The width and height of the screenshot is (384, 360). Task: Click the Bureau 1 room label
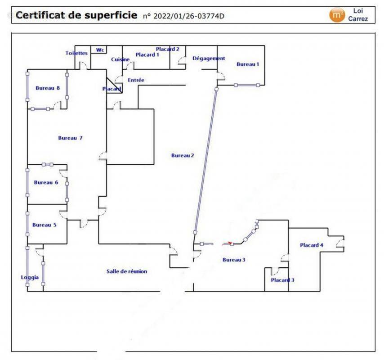248,64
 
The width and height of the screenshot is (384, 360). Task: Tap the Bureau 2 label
183,156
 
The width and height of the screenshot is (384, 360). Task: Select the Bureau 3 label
234,260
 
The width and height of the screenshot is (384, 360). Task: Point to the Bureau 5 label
44,225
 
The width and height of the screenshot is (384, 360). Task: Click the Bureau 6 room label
46,183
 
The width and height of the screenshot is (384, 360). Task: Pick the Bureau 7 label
70,138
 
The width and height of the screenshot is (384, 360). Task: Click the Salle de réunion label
127,271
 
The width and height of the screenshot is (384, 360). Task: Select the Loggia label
30,277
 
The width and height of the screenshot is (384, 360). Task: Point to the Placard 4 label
312,245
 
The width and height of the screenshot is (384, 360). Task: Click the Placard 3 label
282,280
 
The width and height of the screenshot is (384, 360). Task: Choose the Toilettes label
76,53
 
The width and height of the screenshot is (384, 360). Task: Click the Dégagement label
209,58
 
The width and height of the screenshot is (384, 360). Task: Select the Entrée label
136,80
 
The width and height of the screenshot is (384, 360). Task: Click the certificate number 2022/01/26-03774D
188,16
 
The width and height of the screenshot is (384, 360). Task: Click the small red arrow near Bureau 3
231,243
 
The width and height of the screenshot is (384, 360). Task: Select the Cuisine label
121,59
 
